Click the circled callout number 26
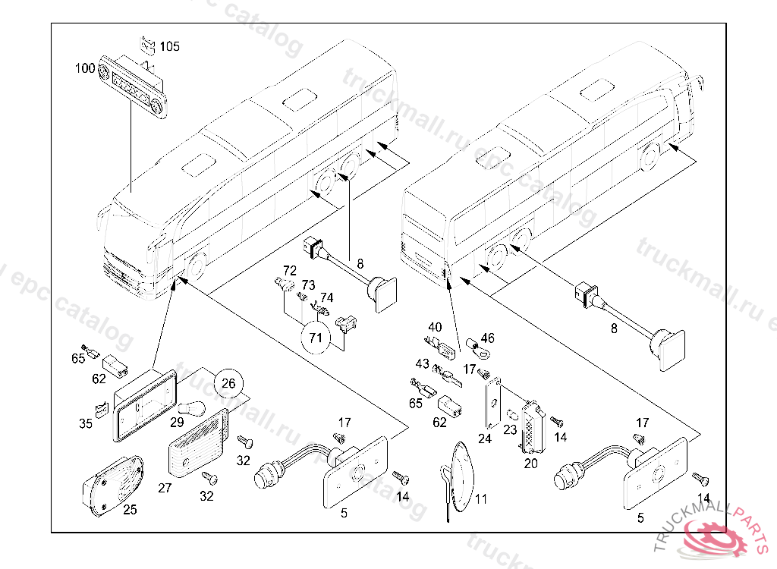(x=228, y=384)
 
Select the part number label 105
(x=170, y=47)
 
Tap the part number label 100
(x=85, y=69)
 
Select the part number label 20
(x=531, y=461)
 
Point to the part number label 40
(x=435, y=327)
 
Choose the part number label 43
(x=422, y=365)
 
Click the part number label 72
(x=289, y=270)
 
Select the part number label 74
(x=326, y=297)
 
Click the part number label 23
(x=510, y=429)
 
